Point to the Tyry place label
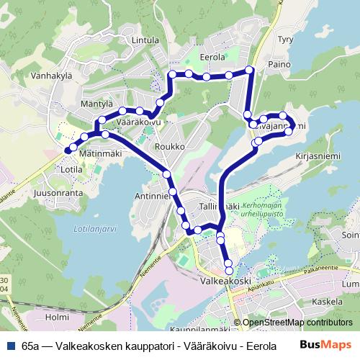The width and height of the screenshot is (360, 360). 285,41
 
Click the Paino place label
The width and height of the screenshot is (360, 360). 277,65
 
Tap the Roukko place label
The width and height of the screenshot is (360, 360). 175,146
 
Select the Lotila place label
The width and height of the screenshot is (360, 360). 73,170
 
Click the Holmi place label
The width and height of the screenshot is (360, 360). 56,317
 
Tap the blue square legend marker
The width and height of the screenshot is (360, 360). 10,345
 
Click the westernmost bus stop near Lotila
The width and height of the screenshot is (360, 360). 68,150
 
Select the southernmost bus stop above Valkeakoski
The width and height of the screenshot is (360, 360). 229,270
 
